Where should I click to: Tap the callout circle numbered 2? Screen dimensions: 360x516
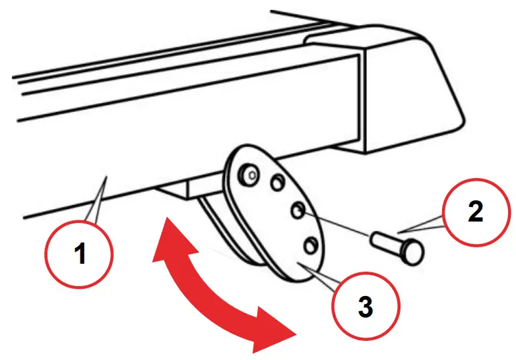pos(475,212)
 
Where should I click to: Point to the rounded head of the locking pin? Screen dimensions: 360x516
pos(414,251)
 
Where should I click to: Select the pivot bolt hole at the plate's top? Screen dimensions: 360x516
pos(249,174)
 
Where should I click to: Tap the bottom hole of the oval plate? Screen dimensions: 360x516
pos(309,246)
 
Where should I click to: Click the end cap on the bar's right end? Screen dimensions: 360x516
pos(396,92)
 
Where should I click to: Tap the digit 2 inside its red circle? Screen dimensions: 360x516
pos(475,212)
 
